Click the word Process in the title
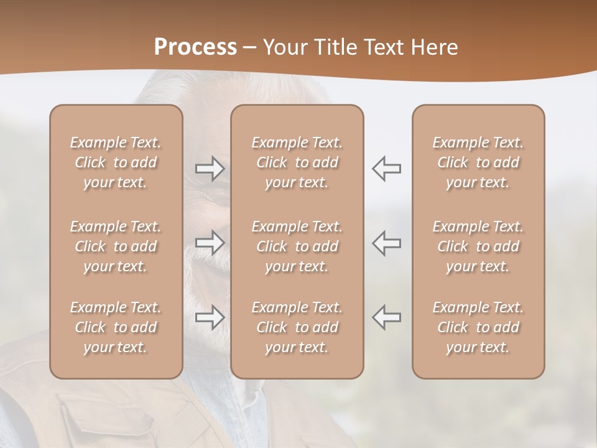[x=195, y=47]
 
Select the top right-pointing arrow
[x=210, y=169]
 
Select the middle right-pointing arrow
[x=210, y=242]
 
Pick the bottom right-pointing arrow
[x=210, y=317]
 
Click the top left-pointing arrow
[x=386, y=169]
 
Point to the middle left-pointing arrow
[x=386, y=242]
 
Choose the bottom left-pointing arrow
[x=386, y=317]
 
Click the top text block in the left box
[x=116, y=162]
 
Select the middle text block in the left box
[x=116, y=246]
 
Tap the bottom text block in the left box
[x=116, y=327]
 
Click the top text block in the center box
[x=297, y=162]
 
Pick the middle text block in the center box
[x=297, y=246]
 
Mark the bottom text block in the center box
[x=297, y=327]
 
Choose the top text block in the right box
[x=478, y=162]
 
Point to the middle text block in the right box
[x=478, y=246]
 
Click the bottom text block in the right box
[x=478, y=327]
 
